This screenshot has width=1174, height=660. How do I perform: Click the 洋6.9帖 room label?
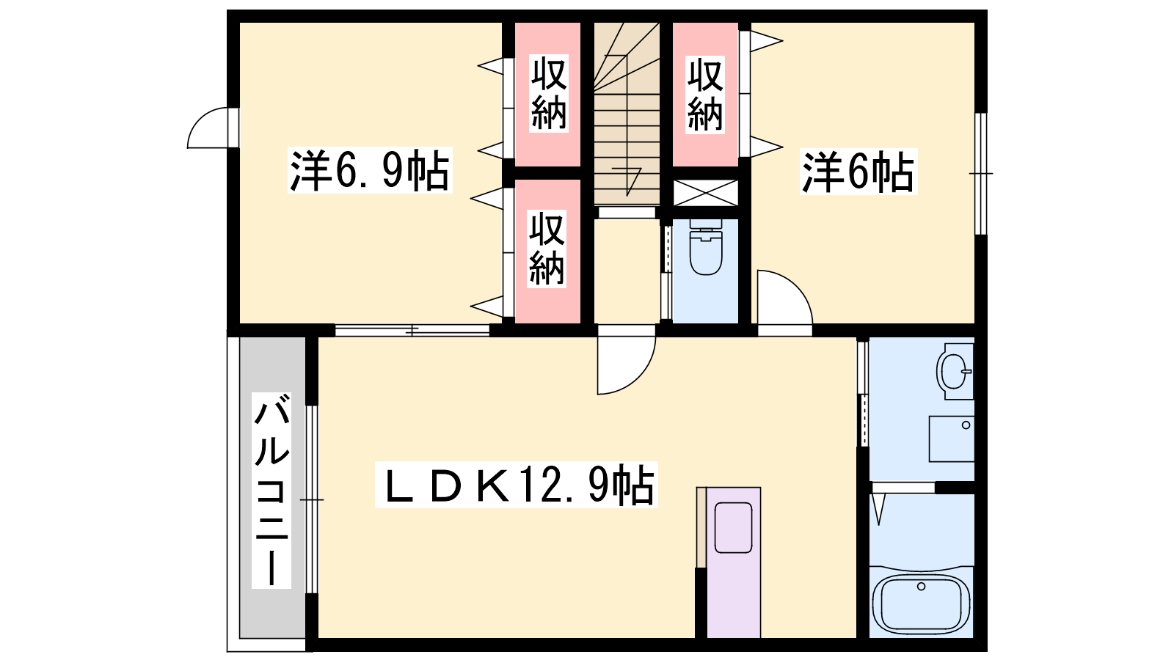pyautogui.click(x=370, y=170)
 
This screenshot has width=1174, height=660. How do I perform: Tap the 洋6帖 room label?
pyautogui.click(x=858, y=172)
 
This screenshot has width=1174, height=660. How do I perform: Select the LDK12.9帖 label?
pyautogui.click(x=517, y=485)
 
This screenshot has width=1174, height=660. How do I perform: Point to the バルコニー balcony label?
pyautogui.click(x=271, y=491)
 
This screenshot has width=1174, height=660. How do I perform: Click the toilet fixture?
pyautogui.click(x=705, y=246)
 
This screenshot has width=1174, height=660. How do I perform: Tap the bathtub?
pyautogui.click(x=922, y=604)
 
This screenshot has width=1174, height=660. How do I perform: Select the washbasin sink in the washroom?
pyautogui.click(x=955, y=371)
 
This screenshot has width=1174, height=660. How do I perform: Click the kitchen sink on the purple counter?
pyautogui.click(x=733, y=527)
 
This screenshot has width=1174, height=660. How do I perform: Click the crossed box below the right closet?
pyautogui.click(x=705, y=193)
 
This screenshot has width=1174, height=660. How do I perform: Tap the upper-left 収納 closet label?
pyautogui.click(x=549, y=95)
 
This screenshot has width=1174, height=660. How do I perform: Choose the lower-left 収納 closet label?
pyautogui.click(x=547, y=249)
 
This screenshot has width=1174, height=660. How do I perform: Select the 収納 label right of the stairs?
pyautogui.click(x=705, y=95)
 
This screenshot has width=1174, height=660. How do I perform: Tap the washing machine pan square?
pyautogui.click(x=952, y=439)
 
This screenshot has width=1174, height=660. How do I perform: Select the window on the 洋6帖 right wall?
pyautogui.click(x=980, y=173)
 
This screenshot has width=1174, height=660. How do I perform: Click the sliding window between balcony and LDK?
pyautogui.click(x=312, y=499)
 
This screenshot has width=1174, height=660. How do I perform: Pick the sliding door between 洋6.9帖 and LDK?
pyautogui.click(x=412, y=331)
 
